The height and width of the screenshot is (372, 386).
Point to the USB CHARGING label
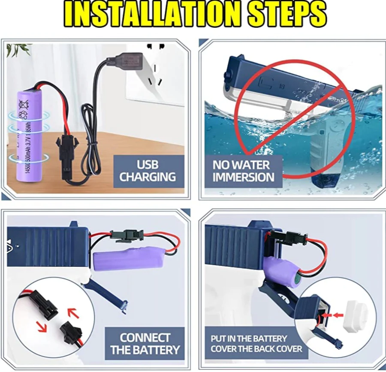tap(148, 171)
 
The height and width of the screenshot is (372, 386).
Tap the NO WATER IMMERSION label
tap(243, 171)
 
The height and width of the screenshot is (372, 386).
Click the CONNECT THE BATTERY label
tap(145, 343)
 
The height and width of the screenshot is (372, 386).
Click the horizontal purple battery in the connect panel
tap(129, 259)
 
